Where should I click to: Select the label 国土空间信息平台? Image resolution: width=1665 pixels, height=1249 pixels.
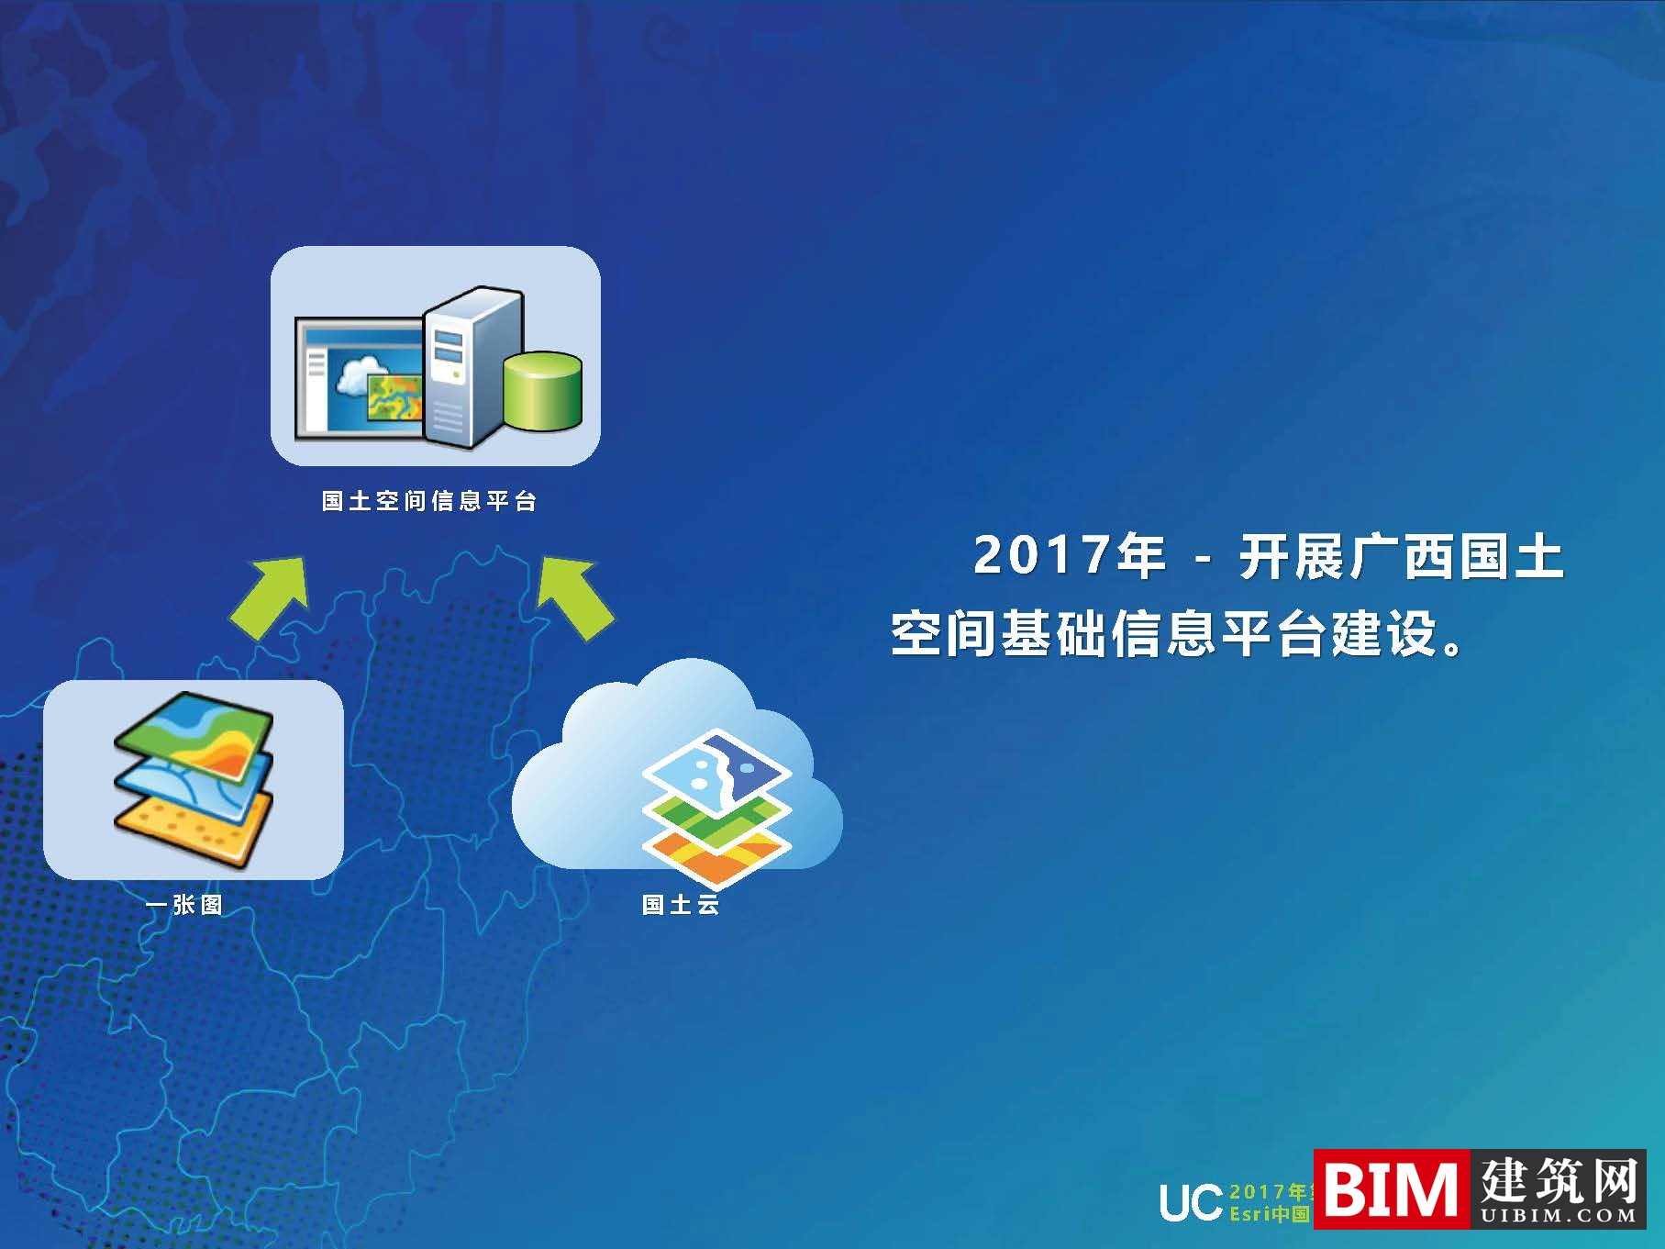[x=429, y=501]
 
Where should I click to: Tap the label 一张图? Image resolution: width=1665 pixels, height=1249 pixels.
[x=184, y=905]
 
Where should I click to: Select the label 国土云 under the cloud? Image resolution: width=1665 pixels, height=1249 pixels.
[x=681, y=905]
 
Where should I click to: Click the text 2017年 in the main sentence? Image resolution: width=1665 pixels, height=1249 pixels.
[x=1068, y=556]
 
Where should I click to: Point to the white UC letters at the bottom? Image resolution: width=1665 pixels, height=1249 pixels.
[x=1191, y=1202]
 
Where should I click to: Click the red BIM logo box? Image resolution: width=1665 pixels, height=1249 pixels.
[x=1391, y=1189]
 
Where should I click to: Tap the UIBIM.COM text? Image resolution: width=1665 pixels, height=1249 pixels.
[x=1558, y=1216]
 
